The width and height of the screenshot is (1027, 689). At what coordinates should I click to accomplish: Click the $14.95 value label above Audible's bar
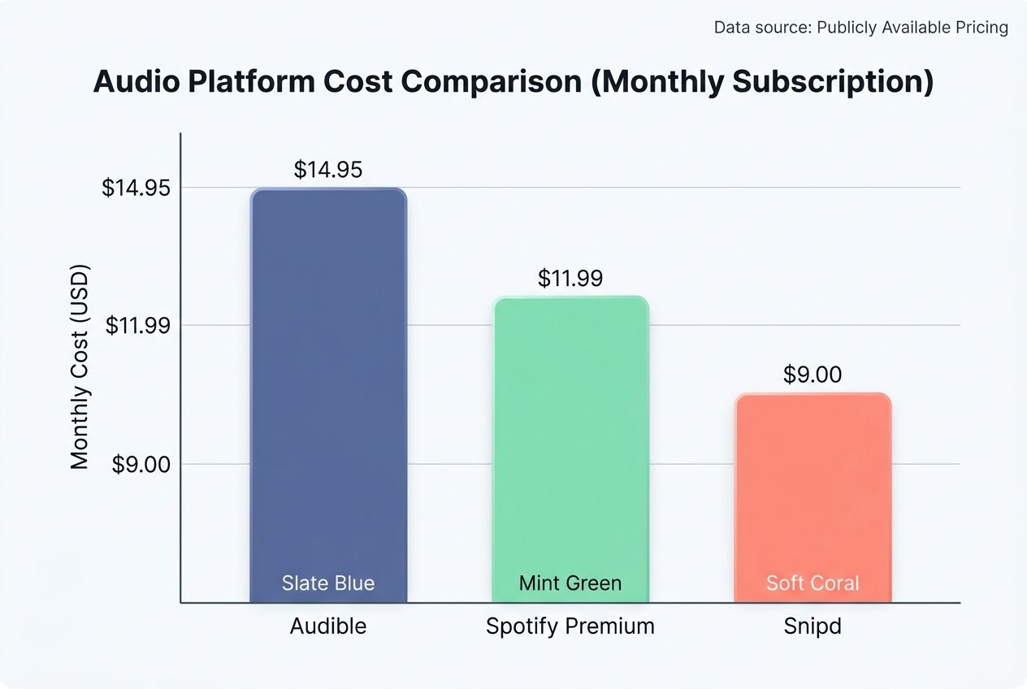pos(328,170)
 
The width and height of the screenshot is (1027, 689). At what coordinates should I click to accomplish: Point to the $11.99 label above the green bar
pos(570,279)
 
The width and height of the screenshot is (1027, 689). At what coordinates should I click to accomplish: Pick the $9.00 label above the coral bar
pos(812,375)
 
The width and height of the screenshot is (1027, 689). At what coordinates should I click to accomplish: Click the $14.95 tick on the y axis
pos(136,188)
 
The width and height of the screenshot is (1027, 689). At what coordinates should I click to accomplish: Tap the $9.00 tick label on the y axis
pos(141,464)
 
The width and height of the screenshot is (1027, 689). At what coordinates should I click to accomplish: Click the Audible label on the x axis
pos(328,626)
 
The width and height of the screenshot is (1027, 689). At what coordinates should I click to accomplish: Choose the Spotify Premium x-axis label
pos(570,626)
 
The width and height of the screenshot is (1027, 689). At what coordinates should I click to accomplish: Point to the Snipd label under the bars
pos(812,626)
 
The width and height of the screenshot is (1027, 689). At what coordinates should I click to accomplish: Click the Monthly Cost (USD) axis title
pos(79,367)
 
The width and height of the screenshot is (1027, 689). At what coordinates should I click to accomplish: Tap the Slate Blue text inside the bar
pos(328,583)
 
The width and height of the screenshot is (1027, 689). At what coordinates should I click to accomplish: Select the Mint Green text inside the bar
pos(570,583)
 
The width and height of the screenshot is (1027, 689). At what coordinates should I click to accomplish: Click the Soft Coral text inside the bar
pos(812,583)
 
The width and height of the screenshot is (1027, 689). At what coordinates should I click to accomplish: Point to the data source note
pos(860,28)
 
